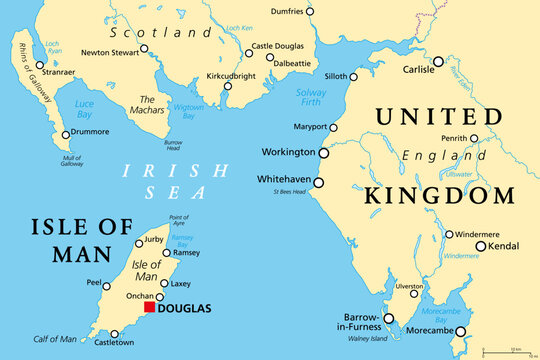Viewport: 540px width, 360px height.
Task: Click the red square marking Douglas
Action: tap(150, 307)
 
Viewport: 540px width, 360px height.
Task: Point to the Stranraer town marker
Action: tap(40, 65)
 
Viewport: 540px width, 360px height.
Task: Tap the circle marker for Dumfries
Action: tap(310, 11)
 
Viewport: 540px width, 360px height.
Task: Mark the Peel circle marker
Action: tap(106, 285)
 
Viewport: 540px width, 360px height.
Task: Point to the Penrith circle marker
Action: tap(474, 139)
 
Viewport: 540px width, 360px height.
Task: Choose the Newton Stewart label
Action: tap(110, 53)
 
